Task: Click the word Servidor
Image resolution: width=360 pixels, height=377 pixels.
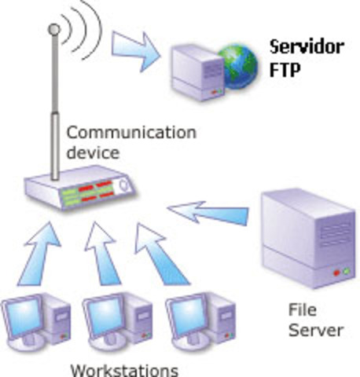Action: click(307, 46)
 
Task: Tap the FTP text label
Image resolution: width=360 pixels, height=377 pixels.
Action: click(284, 67)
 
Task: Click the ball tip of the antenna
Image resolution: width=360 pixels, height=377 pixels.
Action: click(53, 30)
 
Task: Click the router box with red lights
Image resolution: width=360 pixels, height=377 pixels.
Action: click(79, 189)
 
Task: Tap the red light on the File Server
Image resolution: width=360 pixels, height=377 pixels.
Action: click(336, 273)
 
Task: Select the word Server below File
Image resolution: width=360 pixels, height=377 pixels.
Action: click(314, 331)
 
